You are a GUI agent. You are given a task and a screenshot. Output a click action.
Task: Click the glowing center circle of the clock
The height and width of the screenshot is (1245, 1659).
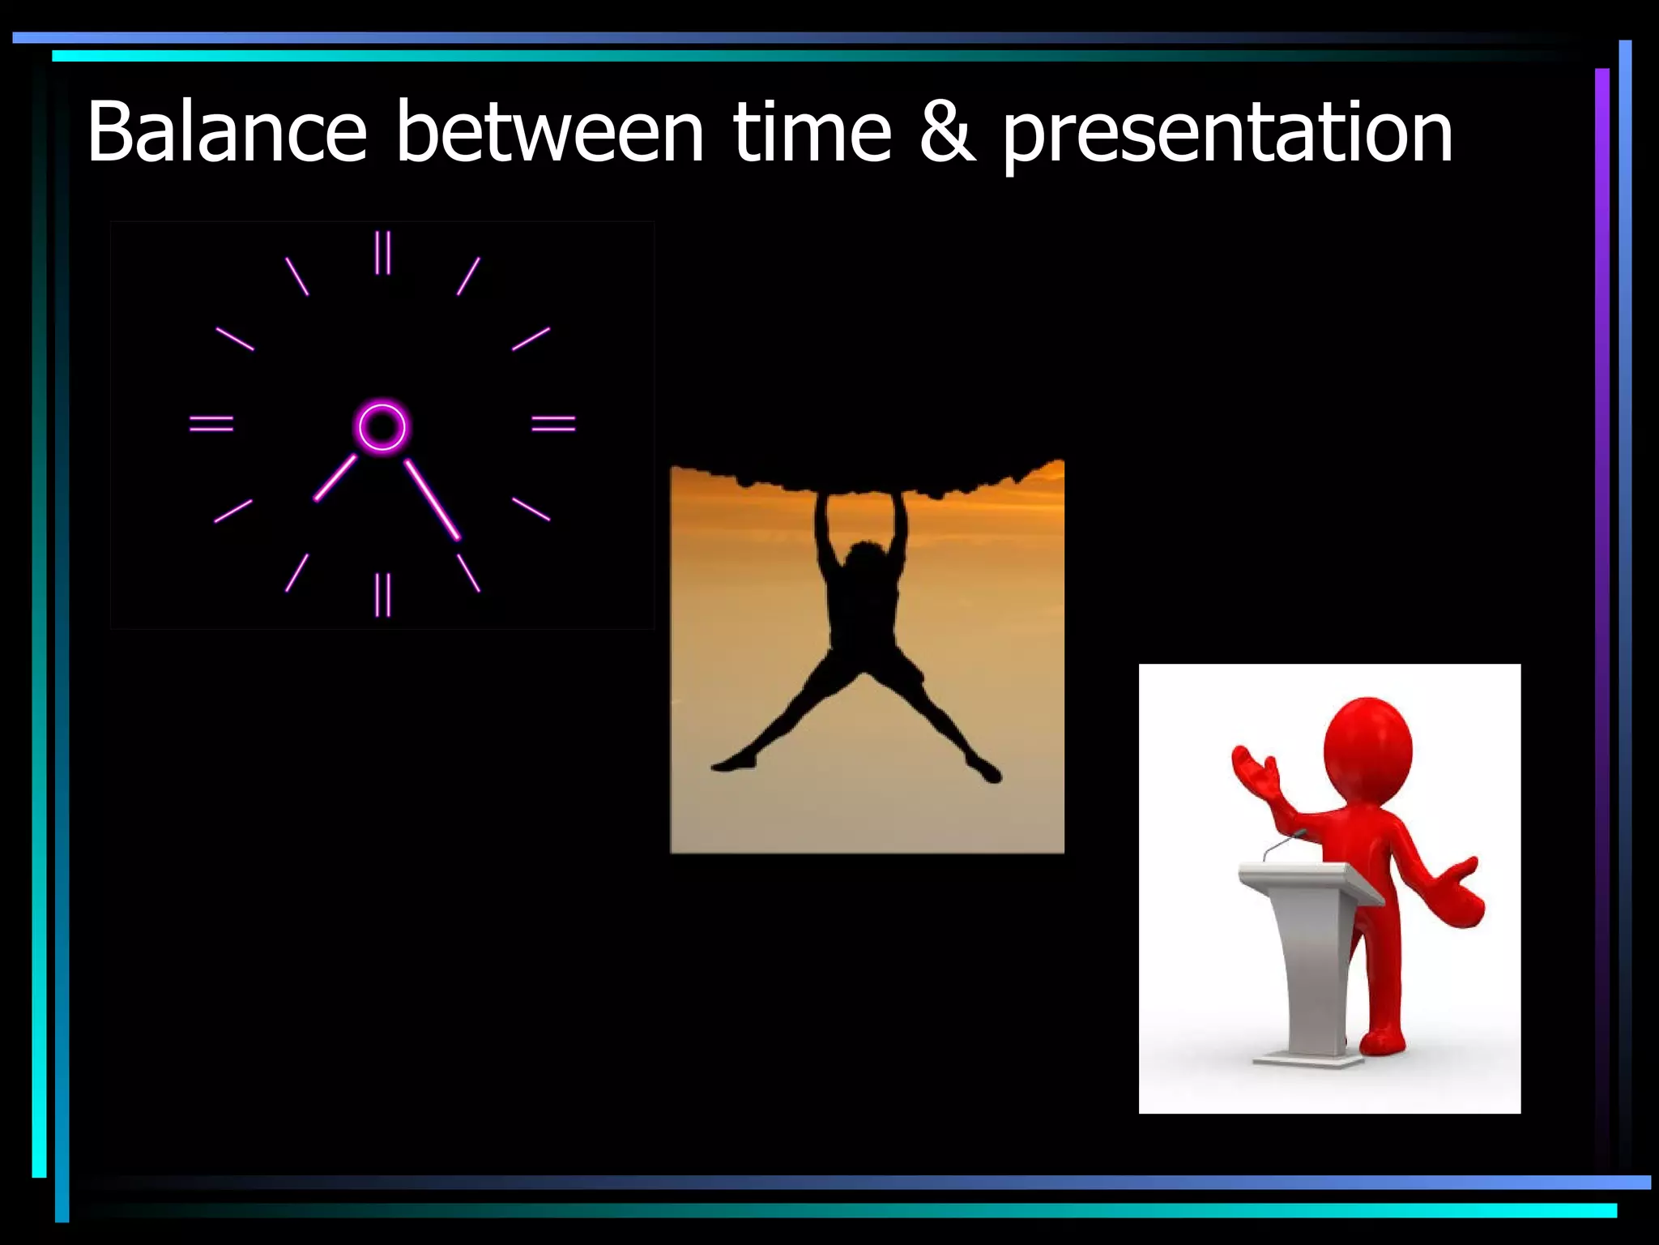pos(382,426)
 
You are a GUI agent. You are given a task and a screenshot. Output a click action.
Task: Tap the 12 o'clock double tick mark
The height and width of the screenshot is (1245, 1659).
pos(382,252)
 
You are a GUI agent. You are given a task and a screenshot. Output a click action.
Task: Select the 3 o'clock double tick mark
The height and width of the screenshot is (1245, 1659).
pos(553,423)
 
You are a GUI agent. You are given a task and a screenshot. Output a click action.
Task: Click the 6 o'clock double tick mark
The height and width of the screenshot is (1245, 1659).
pos(382,594)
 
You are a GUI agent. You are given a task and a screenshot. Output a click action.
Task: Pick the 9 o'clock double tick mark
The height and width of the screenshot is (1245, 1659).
pos(211,423)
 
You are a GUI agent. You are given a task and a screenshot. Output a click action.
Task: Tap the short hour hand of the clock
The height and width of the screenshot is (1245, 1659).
pos(335,477)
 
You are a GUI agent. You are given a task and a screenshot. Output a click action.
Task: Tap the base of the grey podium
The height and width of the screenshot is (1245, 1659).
pos(1307,1059)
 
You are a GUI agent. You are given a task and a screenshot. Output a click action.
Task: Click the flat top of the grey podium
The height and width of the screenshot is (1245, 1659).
pos(1304,875)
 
